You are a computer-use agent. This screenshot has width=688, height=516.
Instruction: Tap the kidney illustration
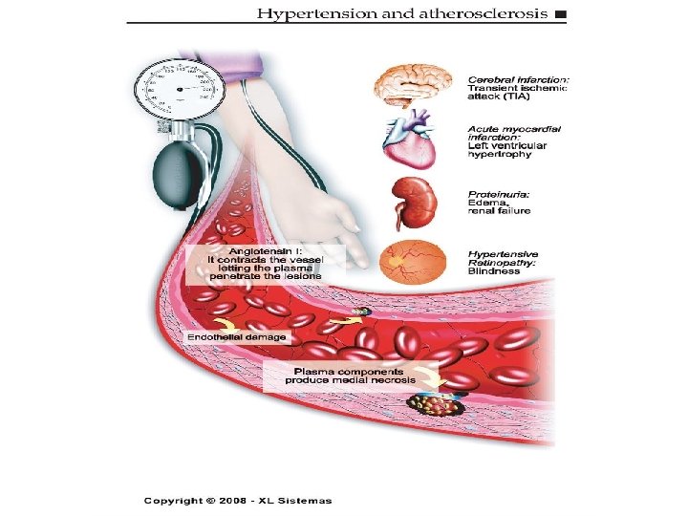[x=416, y=203]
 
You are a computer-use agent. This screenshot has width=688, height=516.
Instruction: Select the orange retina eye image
[x=413, y=262]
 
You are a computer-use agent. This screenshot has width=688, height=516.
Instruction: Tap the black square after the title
[x=559, y=14]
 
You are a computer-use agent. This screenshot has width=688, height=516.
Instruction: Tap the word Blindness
[x=494, y=270]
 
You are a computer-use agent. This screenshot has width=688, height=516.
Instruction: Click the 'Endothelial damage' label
[x=235, y=337]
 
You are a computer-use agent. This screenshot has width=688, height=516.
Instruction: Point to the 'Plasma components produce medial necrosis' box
[x=348, y=376]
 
